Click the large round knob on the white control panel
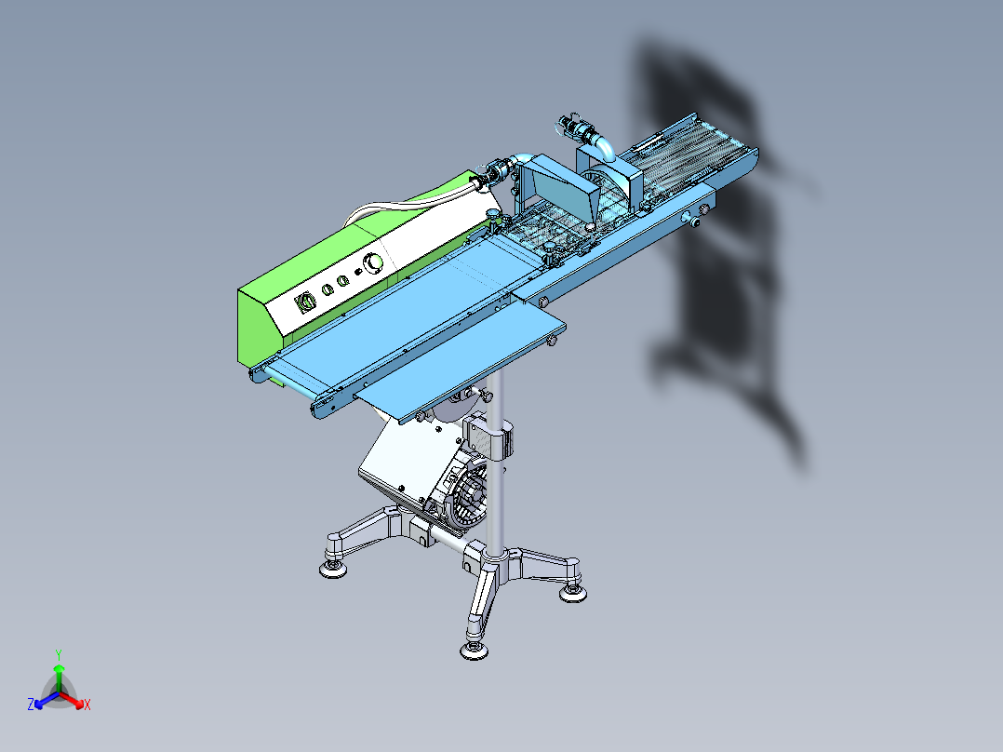(372, 263)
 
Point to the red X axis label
(87, 705)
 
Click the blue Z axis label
(30, 704)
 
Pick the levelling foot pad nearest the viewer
(474, 651)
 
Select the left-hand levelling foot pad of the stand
(333, 569)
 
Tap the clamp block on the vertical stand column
(489, 437)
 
